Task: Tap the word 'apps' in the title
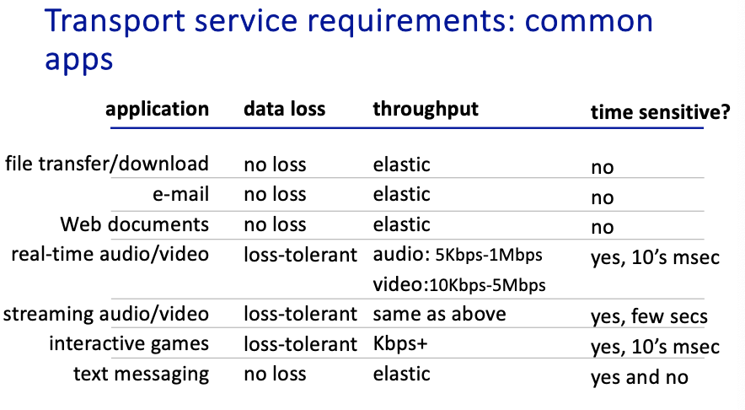pos(79,61)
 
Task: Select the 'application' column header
pos(158,110)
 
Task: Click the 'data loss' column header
pos(285,109)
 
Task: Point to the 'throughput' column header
pos(426,110)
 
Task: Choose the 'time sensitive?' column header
pos(660,112)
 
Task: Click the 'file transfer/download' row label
pos(107,164)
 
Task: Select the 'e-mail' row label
pos(181,194)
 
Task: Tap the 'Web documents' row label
pos(135,224)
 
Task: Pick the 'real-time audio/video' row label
pos(110,254)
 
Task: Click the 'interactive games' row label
pos(129,344)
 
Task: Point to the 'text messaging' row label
pos(141,375)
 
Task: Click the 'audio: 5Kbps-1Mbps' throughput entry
pos(458,255)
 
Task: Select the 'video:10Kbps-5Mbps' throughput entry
pos(459,285)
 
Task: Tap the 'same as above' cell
pos(439,314)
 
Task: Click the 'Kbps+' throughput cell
pos(400,344)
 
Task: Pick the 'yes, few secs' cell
pos(649,316)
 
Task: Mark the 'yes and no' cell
pos(640,377)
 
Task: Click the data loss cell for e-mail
pos(275,194)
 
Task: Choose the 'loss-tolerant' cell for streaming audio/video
pos(300,314)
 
